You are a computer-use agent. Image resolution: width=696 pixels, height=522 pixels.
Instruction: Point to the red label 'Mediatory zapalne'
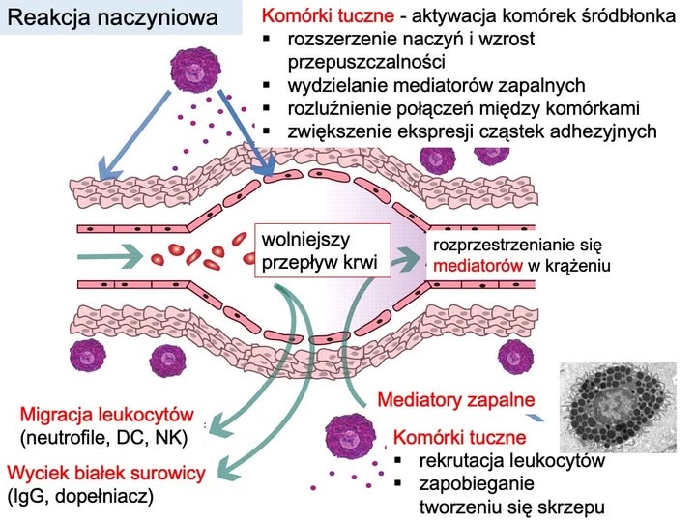click(x=455, y=399)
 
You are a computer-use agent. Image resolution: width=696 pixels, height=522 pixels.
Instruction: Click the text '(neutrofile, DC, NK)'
click(x=102, y=438)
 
